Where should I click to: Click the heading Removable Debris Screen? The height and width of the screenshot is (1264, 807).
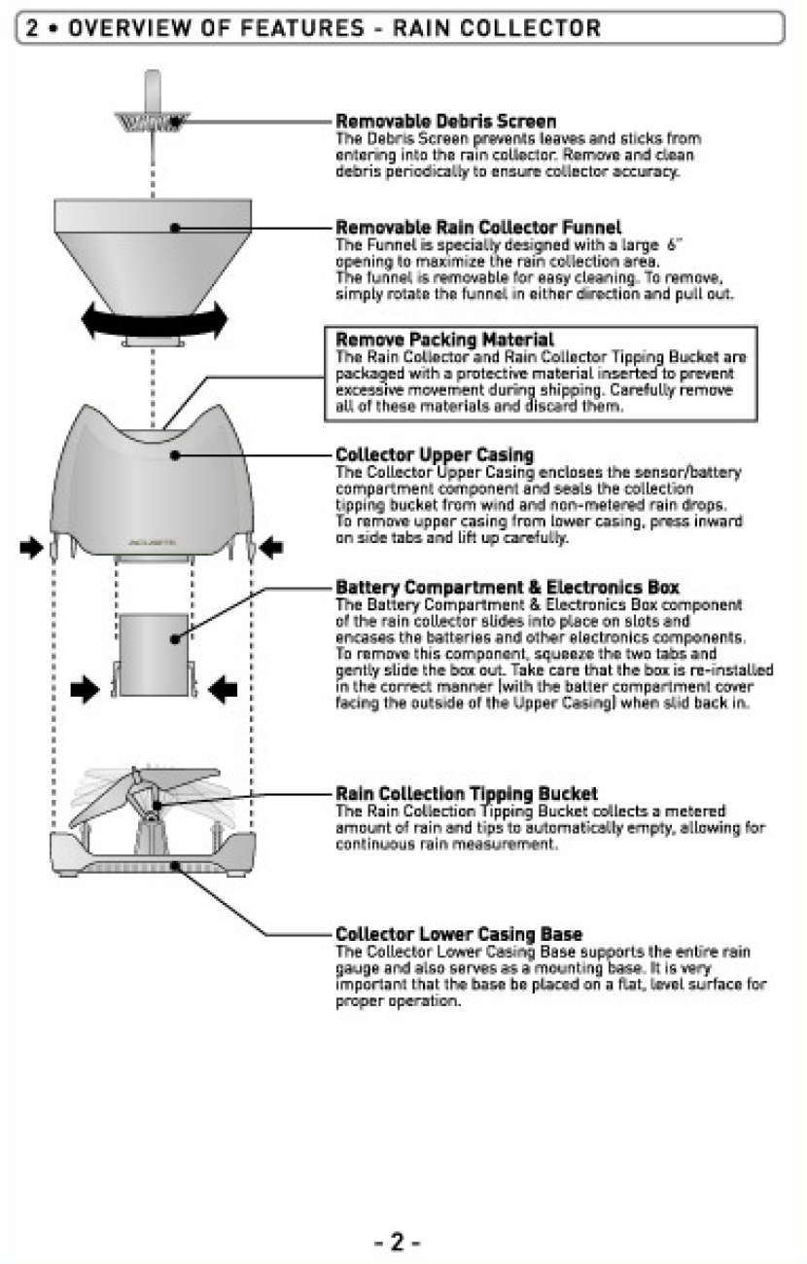[x=445, y=122]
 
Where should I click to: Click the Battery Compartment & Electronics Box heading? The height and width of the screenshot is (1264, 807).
[x=507, y=588]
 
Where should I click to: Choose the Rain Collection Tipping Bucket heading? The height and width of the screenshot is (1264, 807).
[x=466, y=794]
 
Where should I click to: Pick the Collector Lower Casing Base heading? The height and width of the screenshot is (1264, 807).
[x=459, y=935]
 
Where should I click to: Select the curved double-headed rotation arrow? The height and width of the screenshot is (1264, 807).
[x=155, y=319]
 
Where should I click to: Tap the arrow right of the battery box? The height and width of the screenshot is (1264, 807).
[x=224, y=690]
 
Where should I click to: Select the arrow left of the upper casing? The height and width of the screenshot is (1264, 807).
[x=32, y=550]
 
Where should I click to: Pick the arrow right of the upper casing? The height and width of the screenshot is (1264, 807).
[x=271, y=550]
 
